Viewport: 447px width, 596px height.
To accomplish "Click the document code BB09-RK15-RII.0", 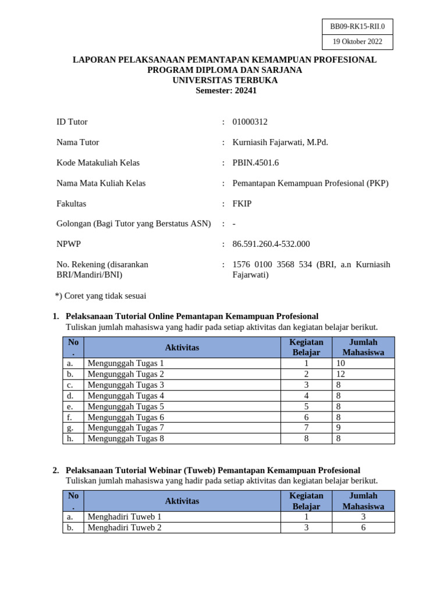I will point(357,26).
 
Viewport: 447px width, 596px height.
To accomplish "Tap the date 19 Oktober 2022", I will point(357,41).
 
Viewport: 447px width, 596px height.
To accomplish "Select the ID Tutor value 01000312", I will point(250,122).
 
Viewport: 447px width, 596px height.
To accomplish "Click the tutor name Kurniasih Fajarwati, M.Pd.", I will point(280,142).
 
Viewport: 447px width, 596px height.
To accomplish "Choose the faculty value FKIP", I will point(242,203).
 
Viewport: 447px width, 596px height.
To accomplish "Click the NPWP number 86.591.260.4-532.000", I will point(271,244).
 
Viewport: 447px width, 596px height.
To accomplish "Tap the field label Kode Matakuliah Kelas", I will point(98,162).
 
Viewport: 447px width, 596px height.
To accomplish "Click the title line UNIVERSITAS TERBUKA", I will point(225,80).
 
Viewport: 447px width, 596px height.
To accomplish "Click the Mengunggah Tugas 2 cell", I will point(126,374).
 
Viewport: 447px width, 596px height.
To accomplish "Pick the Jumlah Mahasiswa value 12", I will point(341,374).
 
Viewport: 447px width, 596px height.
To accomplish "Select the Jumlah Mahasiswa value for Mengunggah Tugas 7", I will point(339,428).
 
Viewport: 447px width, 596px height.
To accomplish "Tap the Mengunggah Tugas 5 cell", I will point(126,406).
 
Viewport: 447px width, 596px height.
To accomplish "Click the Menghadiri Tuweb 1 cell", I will point(125,516).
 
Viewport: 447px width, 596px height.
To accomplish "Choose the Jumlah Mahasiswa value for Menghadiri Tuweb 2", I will point(363,527).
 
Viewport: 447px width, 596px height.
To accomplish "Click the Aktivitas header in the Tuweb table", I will point(182,501).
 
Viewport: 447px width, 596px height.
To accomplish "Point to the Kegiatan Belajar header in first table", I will point(306,347).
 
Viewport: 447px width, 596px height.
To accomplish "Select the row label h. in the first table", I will point(70,439).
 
